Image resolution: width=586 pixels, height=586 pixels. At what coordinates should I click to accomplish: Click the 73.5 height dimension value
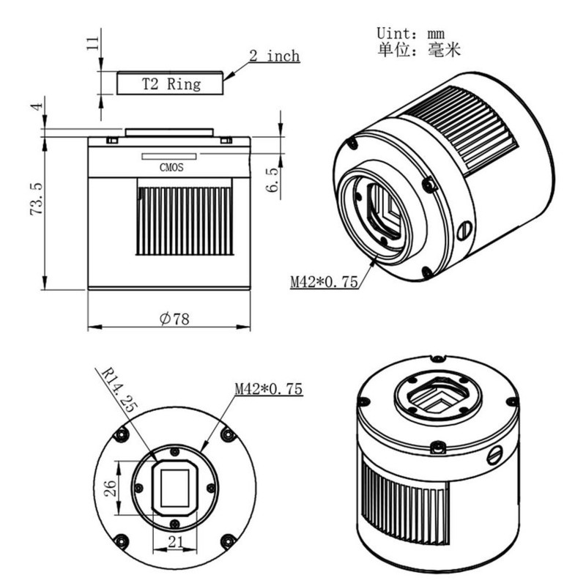click(x=36, y=199)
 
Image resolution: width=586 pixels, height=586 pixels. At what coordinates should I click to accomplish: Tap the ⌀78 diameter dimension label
click(x=174, y=319)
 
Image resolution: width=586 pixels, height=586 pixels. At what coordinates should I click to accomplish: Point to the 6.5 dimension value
click(x=272, y=179)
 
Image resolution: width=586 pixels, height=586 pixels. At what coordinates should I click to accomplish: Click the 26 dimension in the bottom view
click(x=111, y=488)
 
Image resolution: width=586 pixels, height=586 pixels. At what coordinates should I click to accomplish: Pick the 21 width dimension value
click(x=175, y=542)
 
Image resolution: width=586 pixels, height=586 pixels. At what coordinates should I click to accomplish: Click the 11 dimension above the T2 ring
click(x=93, y=43)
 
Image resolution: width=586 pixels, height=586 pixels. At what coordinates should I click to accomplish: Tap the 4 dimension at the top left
click(x=37, y=106)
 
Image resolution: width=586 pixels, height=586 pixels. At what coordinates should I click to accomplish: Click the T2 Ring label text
click(x=171, y=84)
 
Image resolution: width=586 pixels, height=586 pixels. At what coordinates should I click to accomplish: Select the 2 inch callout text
click(x=275, y=56)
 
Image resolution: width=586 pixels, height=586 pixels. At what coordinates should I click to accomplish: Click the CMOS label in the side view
click(x=171, y=168)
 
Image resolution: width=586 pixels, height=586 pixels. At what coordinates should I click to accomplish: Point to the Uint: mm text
click(x=410, y=33)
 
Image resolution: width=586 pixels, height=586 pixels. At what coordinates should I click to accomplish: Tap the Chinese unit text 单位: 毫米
click(x=418, y=50)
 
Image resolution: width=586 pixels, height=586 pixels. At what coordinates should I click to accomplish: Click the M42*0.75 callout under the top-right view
click(x=324, y=281)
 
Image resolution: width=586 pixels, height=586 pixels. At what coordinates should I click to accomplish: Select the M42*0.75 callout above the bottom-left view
click(x=268, y=389)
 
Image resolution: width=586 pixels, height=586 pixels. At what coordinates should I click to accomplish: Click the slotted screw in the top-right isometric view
click(x=464, y=231)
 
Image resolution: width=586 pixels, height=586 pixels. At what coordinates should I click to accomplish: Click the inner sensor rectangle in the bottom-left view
click(x=175, y=488)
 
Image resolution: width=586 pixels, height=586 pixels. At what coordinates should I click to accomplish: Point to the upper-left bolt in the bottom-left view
click(x=122, y=435)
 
